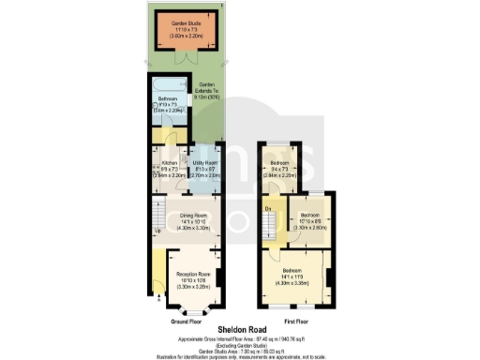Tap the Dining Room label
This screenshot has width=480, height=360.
193,216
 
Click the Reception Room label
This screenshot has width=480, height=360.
191,274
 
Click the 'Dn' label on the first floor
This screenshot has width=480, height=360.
268,206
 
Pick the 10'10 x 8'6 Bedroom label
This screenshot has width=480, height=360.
309,202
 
